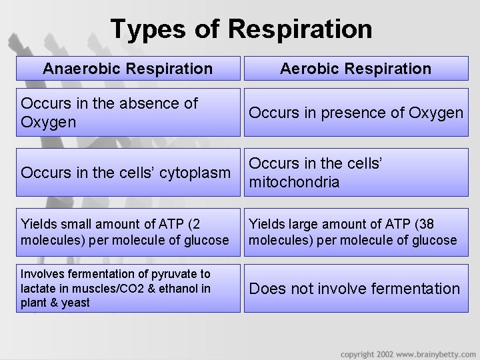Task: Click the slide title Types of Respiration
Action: coord(241,29)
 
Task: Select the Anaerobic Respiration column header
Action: coord(127,68)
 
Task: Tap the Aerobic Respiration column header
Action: coord(355,68)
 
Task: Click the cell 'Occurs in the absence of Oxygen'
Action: coord(127,113)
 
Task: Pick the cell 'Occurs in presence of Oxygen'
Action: coord(355,113)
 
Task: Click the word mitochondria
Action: coord(294,182)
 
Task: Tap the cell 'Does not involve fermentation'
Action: coord(355,289)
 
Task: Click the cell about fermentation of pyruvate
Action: coord(127,289)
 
